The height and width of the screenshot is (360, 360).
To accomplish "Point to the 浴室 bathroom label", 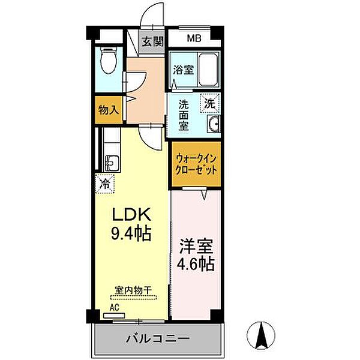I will click(x=183, y=70).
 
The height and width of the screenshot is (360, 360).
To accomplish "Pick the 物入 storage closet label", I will click(x=109, y=110).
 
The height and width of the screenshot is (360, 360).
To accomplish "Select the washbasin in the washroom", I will click(x=214, y=124).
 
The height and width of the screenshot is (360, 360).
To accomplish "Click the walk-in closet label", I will click(x=196, y=163).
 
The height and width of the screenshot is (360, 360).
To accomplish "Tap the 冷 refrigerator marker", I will click(x=105, y=182).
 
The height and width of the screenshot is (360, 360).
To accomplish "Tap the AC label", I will click(x=114, y=306).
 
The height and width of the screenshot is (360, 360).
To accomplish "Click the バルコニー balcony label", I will click(x=158, y=340).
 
